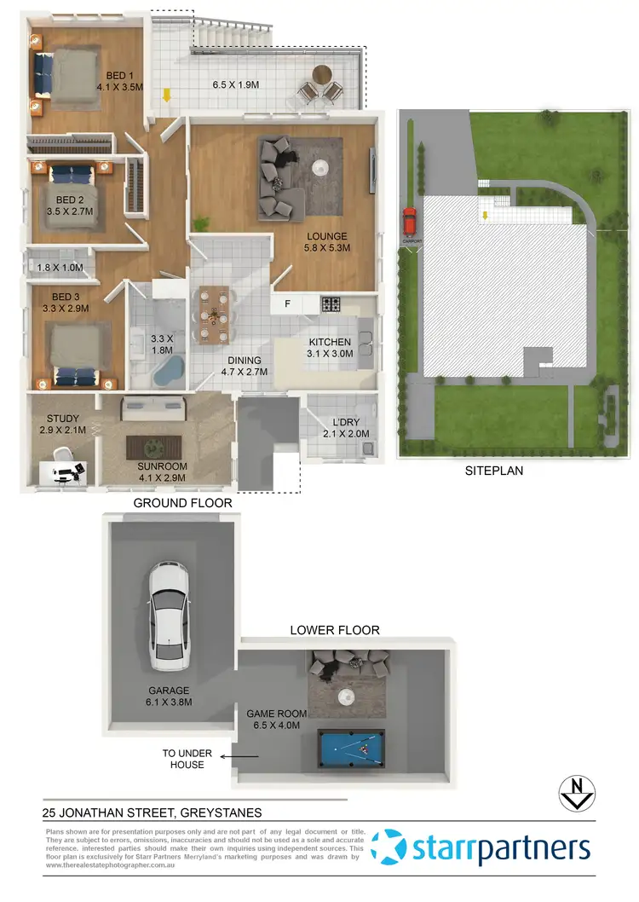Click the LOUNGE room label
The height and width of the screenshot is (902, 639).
coord(328,236)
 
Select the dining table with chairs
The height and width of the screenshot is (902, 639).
coord(212,312)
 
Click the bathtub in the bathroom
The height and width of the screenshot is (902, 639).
coord(168,371)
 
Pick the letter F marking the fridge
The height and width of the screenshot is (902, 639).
coord(287,304)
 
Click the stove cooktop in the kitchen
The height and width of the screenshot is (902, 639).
coord(331,304)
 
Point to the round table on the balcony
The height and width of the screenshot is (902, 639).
coord(322,75)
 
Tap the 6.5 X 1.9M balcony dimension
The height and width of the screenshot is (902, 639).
coord(236,85)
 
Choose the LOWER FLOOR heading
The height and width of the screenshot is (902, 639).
coord(335,630)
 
